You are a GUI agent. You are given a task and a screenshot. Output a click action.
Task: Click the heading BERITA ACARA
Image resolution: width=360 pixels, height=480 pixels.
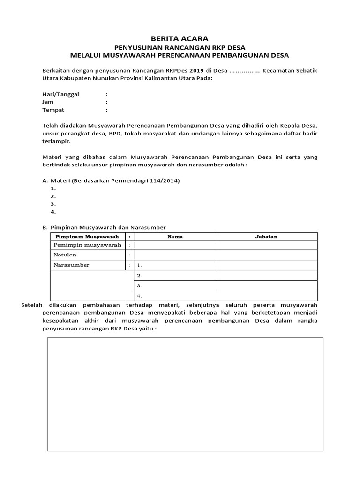pyautogui.click(x=180, y=38)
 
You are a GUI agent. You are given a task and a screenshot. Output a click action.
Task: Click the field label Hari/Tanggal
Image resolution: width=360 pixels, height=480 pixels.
pyautogui.click(x=60, y=94)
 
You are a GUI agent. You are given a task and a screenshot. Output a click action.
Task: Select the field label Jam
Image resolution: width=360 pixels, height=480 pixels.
pyautogui.click(x=48, y=102)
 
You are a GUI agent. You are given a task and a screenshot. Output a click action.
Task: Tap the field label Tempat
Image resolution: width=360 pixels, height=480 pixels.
pyautogui.click(x=53, y=110)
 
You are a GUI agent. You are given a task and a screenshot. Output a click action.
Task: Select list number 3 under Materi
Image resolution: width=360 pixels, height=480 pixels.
pyautogui.click(x=53, y=204)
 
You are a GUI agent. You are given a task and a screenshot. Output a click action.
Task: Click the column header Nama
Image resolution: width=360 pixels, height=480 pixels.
pyautogui.click(x=175, y=237)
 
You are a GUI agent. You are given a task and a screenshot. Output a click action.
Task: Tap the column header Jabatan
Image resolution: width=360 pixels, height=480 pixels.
pyautogui.click(x=266, y=237)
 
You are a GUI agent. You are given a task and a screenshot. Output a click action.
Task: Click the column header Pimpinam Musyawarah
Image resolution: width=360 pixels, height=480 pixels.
pyautogui.click(x=88, y=237)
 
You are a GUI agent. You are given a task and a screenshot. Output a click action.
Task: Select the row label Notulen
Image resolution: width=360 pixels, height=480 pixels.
pyautogui.click(x=65, y=255)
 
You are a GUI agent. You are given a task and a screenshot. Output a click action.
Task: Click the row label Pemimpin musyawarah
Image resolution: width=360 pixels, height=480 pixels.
pyautogui.click(x=88, y=245)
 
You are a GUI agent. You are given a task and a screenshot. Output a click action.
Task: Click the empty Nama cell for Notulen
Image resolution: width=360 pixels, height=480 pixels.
pyautogui.click(x=175, y=255)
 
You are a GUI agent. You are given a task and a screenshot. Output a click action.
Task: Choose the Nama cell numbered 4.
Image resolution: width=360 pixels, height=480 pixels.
pyautogui.click(x=175, y=296)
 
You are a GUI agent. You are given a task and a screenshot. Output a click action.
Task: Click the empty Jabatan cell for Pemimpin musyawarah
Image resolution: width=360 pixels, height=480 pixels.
pyautogui.click(x=266, y=245)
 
